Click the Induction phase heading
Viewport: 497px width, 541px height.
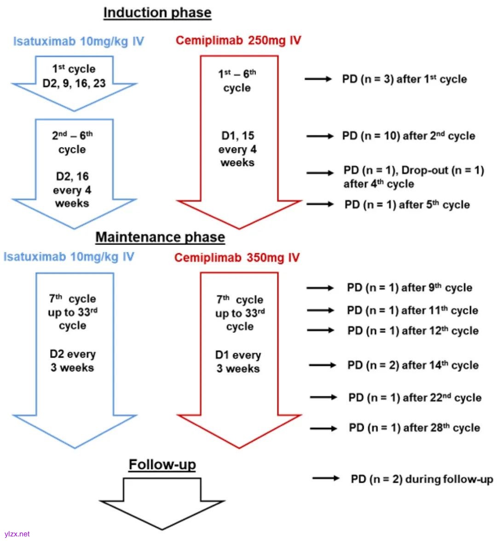coord(157,13)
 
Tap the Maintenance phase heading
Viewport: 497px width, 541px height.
coord(160,237)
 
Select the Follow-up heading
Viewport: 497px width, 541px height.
coord(162,465)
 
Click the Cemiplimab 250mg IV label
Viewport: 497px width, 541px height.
coord(238,40)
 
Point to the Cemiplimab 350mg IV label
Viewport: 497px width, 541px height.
coord(237,258)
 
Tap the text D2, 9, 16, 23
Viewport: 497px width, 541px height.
coord(74,83)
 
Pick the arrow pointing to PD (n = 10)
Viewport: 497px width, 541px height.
coord(320,136)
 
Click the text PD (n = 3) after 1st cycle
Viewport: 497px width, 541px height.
coord(404,79)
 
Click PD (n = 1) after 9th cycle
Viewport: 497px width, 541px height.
coord(410,288)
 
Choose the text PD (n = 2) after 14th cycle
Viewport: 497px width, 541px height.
coord(413,365)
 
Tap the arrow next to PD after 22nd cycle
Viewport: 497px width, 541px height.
coord(324,397)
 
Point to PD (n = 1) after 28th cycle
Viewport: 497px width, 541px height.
coord(414,428)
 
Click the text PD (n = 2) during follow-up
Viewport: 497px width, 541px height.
coord(422,479)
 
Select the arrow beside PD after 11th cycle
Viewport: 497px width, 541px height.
coord(320,311)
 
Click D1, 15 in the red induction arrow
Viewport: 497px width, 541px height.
coord(237,136)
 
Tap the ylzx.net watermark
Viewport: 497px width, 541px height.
coord(17,534)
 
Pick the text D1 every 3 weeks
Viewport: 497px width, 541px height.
coord(238,362)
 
